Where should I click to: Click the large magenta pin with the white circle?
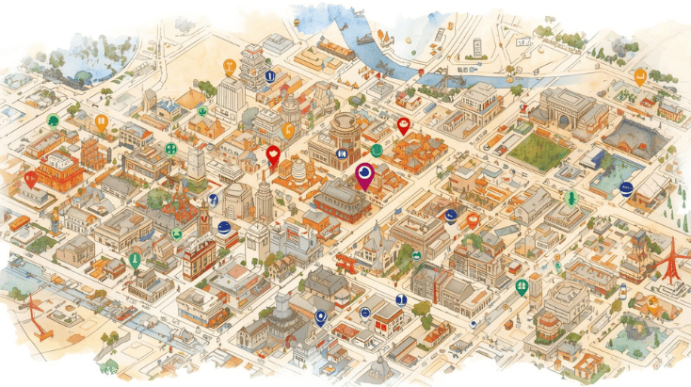364,174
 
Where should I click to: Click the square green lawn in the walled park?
541,149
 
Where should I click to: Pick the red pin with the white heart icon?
274,155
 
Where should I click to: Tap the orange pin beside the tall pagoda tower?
228,68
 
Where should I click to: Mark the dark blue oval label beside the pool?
627,188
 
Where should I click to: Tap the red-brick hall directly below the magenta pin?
343,200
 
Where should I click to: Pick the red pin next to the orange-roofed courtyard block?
404,125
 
